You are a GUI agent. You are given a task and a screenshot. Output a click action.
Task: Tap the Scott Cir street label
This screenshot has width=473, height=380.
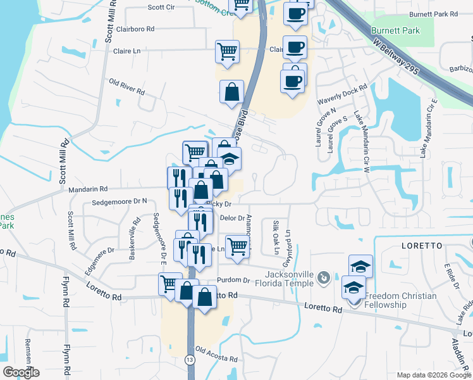161,8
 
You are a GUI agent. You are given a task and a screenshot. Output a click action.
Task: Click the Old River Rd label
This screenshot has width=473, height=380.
126,87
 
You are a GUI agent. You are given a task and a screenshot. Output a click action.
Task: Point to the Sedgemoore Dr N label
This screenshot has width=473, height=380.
119,201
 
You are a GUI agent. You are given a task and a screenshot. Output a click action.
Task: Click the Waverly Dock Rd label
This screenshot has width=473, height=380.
342,94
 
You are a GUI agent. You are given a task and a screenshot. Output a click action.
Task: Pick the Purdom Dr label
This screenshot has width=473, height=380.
233,280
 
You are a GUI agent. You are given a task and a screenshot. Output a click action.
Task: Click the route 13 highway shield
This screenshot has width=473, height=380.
191,360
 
